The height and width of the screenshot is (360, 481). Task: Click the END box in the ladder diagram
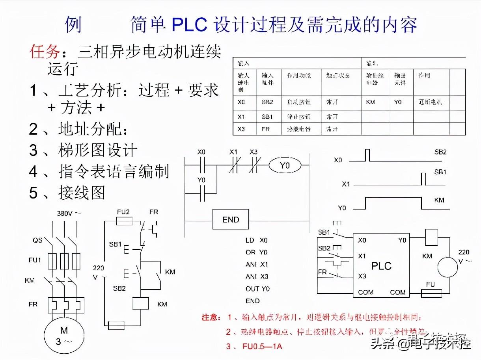point(231,219)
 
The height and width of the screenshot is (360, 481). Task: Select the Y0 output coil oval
point(285,166)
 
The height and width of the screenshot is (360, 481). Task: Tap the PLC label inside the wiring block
point(382,266)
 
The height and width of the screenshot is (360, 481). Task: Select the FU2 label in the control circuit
point(123,212)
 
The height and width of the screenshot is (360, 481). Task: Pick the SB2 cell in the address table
point(267,102)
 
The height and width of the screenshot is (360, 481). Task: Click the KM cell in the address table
point(371,102)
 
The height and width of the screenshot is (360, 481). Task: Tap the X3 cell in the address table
point(242,129)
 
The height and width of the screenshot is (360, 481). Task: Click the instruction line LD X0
point(257,240)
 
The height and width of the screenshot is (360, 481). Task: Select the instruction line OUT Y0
point(257,289)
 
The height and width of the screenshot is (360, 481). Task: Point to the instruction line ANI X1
point(257,264)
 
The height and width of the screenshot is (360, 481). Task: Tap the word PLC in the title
point(190,25)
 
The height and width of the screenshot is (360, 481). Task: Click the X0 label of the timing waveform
point(339,160)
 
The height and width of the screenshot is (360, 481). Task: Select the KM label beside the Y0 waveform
point(439,200)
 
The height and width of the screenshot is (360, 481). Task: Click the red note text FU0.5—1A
point(260,347)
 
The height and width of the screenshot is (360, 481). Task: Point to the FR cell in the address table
point(265,129)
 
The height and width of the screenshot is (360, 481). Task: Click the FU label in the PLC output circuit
point(430,284)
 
